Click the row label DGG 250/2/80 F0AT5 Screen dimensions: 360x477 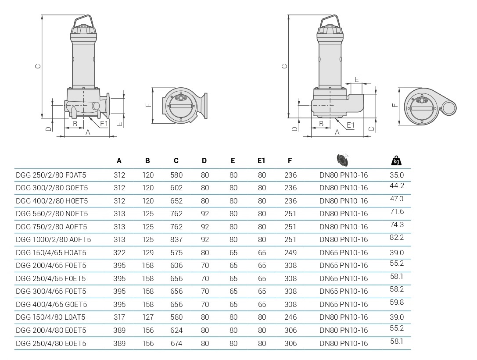point(51,175)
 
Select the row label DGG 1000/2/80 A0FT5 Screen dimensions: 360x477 point(53,239)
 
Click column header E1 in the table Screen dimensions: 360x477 point(262,161)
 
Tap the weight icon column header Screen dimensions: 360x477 point(396,160)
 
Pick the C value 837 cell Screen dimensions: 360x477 point(176,239)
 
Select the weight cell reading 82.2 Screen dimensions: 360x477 point(397,237)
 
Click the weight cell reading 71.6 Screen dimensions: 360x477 point(397,211)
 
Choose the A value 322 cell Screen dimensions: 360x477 point(119,253)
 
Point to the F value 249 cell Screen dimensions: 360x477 point(290,253)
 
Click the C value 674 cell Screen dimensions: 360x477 point(176,343)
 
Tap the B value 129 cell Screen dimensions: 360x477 point(148,253)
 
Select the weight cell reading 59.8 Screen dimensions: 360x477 point(397,302)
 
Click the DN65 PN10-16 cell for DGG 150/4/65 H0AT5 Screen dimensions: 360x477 point(344,253)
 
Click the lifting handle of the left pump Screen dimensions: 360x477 point(83,20)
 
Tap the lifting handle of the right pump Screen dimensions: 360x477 point(330,20)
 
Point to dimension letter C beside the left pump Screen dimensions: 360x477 point(38,66)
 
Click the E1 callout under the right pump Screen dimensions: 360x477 point(351,125)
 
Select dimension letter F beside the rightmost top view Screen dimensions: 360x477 point(395,105)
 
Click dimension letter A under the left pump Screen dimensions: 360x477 point(88,132)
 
